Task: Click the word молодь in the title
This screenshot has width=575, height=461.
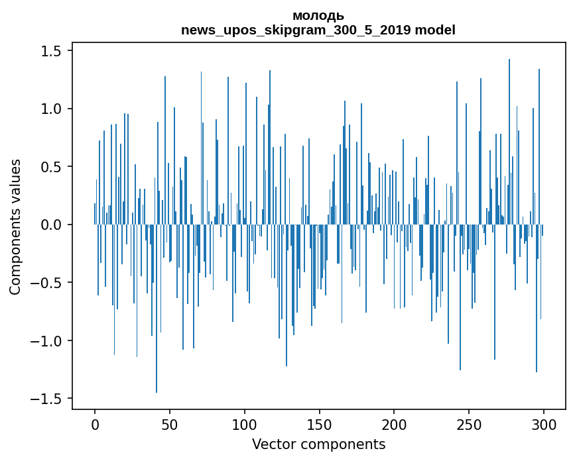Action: pos(318,16)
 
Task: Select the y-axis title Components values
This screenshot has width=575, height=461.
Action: pos(15,227)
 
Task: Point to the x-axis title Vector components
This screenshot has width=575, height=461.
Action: pos(318,444)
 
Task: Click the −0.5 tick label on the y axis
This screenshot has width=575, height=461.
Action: pos(46,283)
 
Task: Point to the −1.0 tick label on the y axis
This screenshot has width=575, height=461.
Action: pos(46,341)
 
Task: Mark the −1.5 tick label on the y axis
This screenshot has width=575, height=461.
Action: pos(46,399)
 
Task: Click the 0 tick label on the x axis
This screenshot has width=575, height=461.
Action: pos(95,423)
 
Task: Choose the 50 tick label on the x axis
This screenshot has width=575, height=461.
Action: pos(170,423)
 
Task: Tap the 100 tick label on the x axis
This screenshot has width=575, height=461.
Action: pos(245,423)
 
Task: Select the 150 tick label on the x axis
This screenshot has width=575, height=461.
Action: pos(320,423)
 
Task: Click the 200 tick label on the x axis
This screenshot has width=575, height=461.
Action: pos(395,423)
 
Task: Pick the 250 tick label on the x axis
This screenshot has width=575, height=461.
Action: pos(469,423)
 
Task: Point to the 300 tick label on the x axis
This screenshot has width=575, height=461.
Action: pos(544,423)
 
